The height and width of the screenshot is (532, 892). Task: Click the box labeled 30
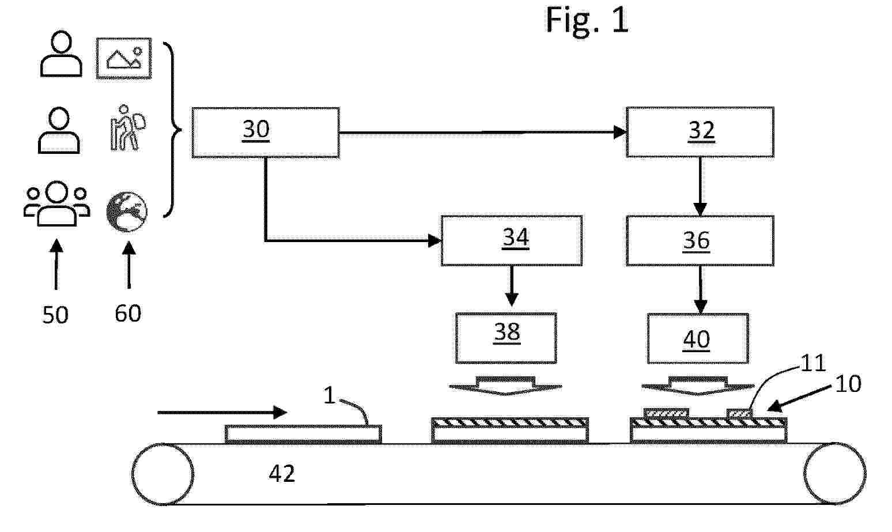tap(265, 132)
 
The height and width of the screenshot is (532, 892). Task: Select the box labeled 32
tap(700, 132)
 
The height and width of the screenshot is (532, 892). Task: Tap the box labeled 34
tap(511, 240)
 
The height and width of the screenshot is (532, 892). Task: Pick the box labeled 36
tap(700, 240)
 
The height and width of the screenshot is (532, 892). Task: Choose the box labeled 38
tap(506, 338)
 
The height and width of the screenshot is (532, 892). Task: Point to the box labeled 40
tap(698, 338)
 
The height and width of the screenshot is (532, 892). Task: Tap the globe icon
tap(127, 212)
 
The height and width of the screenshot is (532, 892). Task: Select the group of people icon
tap(56, 204)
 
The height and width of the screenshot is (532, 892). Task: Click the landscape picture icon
tap(124, 58)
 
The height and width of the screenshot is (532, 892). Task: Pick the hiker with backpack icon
tap(127, 128)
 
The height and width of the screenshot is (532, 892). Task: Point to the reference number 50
tap(55, 315)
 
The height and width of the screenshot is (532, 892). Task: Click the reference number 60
tap(128, 313)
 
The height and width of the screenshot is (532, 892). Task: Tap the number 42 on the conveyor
tap(282, 474)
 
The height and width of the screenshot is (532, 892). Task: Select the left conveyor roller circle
tap(162, 474)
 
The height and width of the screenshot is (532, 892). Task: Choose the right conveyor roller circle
tap(834, 474)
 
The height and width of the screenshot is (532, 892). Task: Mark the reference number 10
tap(848, 384)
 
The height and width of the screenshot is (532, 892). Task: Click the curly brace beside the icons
tap(172, 130)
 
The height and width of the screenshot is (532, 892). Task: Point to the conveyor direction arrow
tap(222, 412)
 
